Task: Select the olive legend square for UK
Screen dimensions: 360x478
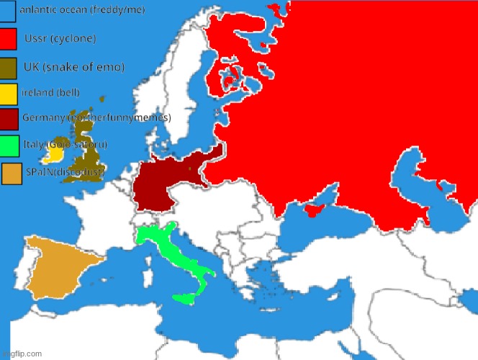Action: [9, 68]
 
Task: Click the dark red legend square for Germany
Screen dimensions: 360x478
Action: [9, 118]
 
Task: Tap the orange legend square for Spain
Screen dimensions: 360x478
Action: [12, 174]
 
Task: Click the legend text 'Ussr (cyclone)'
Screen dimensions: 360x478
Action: [60, 37]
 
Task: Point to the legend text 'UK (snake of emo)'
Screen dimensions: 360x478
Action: [74, 67]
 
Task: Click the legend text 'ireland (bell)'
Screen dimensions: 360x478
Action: [50, 93]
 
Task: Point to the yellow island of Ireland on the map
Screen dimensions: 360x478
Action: [54, 153]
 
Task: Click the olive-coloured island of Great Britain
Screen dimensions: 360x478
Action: [85, 151]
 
